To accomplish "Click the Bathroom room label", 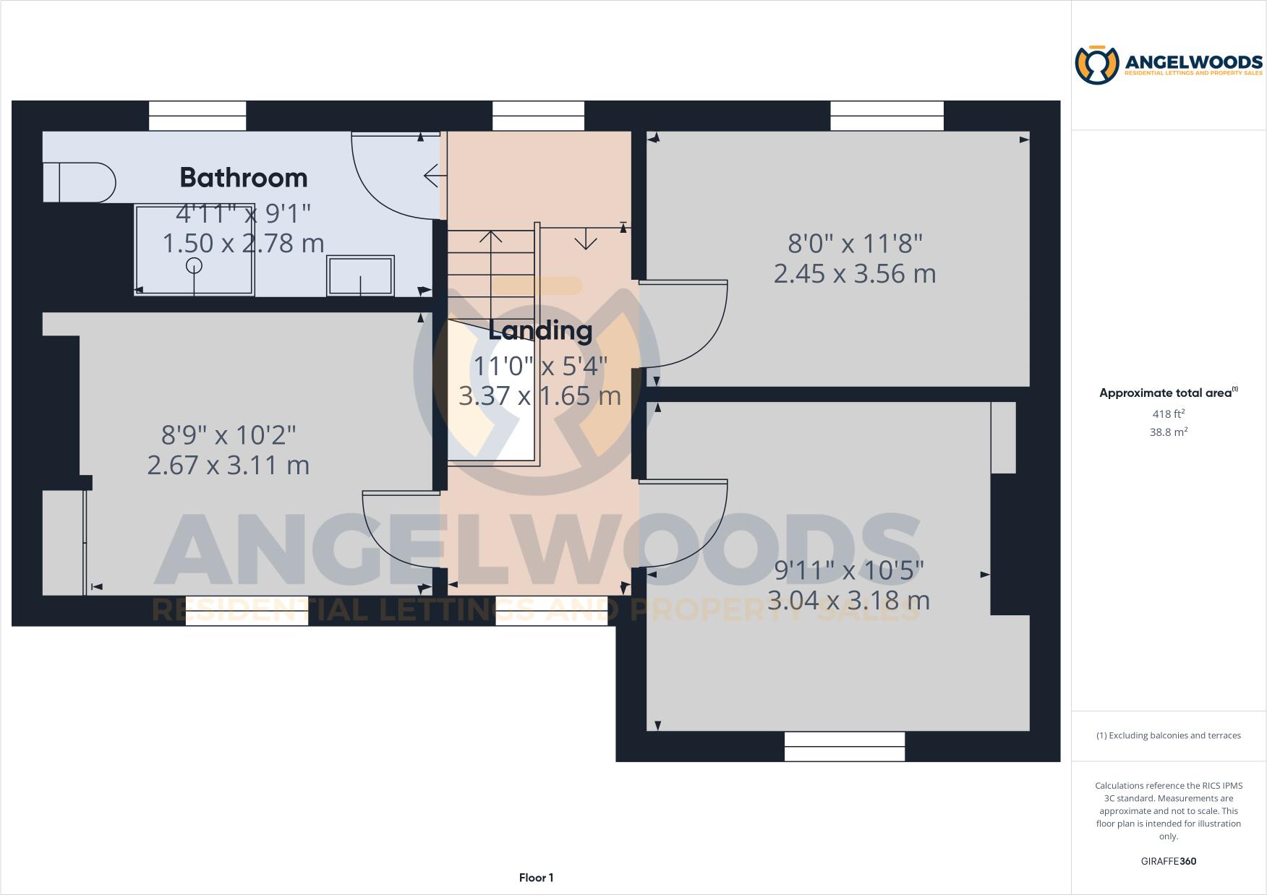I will point(243,178).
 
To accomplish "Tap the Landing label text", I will point(540,330).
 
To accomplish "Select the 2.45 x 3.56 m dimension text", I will point(855,274).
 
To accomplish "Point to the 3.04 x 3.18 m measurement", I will point(848,600).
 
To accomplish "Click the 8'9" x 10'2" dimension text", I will point(229,435).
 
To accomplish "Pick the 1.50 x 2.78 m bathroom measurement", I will point(243,244).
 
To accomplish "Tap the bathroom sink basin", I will point(361,275).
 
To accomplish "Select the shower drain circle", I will point(194,265).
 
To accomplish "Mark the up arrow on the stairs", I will point(491,238).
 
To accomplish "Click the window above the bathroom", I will point(197,116).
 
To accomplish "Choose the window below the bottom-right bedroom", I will point(845,746).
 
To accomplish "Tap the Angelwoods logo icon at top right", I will point(1097,65).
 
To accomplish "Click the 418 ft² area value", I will point(1168,414).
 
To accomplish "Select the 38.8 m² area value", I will point(1168,432).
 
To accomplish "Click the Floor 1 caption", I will point(536,878).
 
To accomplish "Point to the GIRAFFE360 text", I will point(1168,861).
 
